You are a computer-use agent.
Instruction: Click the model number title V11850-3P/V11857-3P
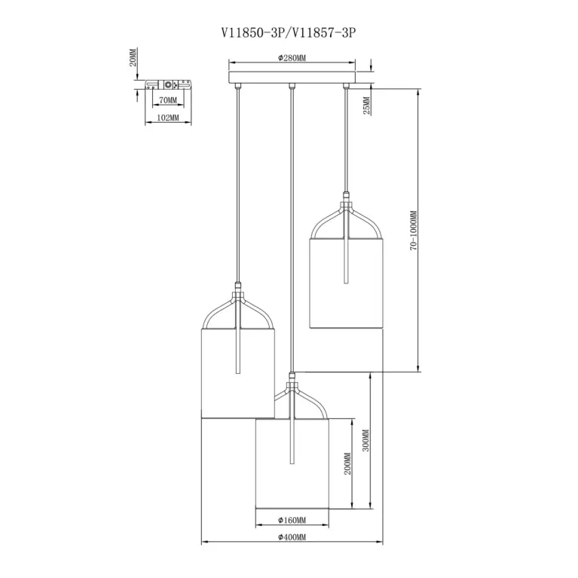point(289,33)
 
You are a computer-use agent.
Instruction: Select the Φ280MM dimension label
point(292,58)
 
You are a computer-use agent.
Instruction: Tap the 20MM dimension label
point(133,57)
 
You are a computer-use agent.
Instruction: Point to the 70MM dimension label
point(168,100)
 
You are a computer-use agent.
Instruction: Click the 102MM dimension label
point(168,118)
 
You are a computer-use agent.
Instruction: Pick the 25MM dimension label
point(367,106)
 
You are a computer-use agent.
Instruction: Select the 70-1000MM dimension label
point(414,231)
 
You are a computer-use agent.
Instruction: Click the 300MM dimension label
point(365,441)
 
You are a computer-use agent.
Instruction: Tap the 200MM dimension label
point(347,463)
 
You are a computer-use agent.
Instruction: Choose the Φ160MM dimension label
point(292,520)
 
